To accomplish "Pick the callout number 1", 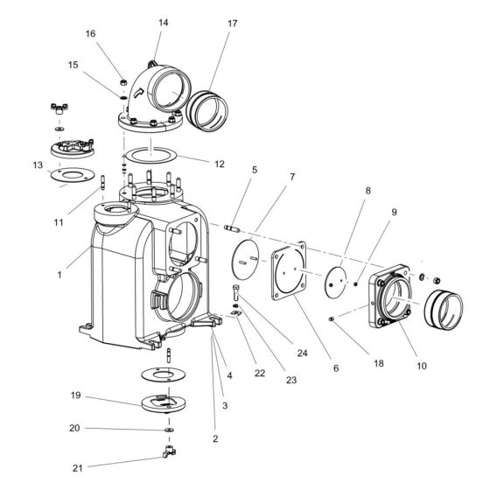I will pyautogui.click(x=59, y=275).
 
